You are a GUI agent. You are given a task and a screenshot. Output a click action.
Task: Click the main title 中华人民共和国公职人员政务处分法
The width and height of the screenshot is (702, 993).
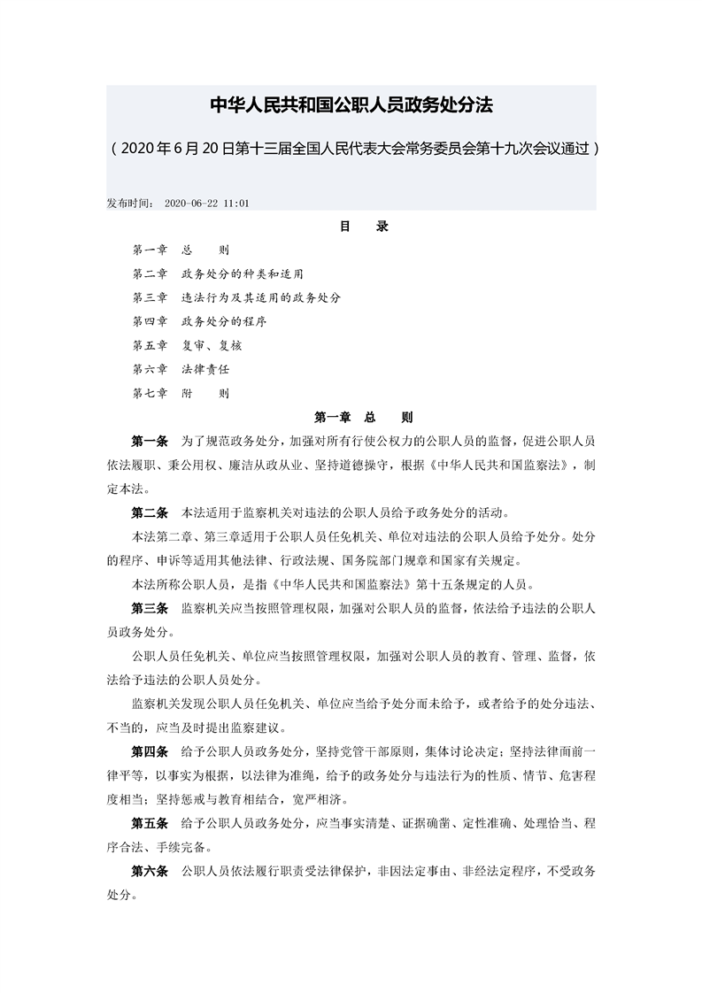point(351,105)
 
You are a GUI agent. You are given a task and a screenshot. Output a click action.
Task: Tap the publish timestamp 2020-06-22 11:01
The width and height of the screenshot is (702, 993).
point(206,203)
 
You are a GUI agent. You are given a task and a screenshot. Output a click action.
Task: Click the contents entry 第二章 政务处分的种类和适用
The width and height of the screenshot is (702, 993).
point(224,273)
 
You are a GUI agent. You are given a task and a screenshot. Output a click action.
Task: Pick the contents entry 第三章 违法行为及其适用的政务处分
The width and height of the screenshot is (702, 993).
point(236,297)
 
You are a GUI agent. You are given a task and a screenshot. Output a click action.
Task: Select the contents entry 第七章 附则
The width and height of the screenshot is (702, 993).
point(181,393)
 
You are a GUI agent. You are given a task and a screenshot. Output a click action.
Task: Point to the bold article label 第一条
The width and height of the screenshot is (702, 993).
point(150,440)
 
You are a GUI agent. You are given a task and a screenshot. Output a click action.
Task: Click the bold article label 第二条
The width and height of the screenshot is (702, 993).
point(150,512)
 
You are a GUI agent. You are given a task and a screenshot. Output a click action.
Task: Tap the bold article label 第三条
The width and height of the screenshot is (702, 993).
point(150,608)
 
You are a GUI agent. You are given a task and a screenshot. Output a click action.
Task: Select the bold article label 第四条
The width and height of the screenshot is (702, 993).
point(150,751)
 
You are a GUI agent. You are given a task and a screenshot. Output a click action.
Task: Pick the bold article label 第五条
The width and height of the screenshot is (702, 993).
point(150,823)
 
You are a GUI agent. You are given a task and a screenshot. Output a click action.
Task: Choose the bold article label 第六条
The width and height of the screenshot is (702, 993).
point(150,872)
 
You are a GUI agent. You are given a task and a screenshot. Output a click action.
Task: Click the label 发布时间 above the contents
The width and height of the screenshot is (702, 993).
point(130,203)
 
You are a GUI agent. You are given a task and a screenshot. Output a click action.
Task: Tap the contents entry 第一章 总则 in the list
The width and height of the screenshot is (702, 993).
point(181,250)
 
